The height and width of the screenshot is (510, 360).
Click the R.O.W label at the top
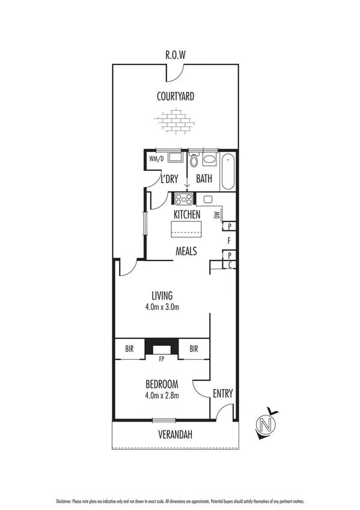click(x=175, y=55)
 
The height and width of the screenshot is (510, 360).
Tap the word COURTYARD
click(x=175, y=96)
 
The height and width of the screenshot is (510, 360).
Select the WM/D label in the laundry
click(x=156, y=159)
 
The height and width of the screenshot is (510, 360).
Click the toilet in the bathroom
click(x=194, y=161)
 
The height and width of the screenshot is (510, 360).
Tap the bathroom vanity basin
click(x=209, y=160)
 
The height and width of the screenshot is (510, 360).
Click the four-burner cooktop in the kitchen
click(x=183, y=199)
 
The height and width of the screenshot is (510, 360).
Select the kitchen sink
click(x=209, y=199)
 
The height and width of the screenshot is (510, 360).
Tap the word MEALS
click(x=186, y=251)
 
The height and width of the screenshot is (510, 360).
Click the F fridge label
click(x=229, y=241)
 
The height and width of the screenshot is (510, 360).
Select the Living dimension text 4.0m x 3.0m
click(x=162, y=307)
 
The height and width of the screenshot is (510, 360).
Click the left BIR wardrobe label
click(x=129, y=348)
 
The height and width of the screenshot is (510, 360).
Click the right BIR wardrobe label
click(x=194, y=348)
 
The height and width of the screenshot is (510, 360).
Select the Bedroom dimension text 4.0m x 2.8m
click(x=162, y=395)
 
